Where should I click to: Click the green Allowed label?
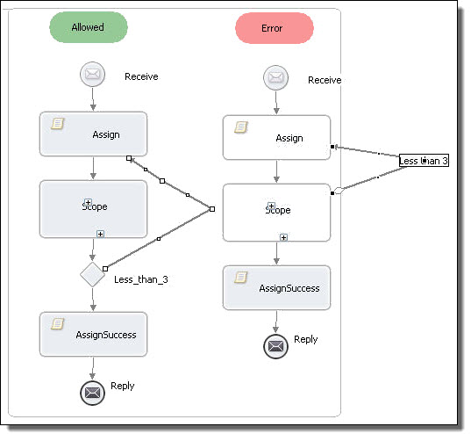89,27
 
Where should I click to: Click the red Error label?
275,28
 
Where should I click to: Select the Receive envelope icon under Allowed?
92,74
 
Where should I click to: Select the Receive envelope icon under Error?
275,77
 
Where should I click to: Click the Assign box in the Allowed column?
94,134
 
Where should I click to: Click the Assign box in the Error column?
276,138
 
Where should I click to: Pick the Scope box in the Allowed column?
94,209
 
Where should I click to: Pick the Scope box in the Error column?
276,213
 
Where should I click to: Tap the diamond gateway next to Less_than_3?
92,274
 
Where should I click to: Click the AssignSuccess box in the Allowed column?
94,335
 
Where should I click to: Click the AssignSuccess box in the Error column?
276,288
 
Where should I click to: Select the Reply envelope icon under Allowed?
92,393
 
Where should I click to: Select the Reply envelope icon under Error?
275,346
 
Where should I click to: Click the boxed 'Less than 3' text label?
424,161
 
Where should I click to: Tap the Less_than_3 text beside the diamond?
141,279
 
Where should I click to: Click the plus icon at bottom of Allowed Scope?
100,234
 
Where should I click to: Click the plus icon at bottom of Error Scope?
283,237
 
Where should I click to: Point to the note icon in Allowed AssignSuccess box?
57,324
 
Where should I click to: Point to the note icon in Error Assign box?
241,127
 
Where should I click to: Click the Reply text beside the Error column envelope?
306,339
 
